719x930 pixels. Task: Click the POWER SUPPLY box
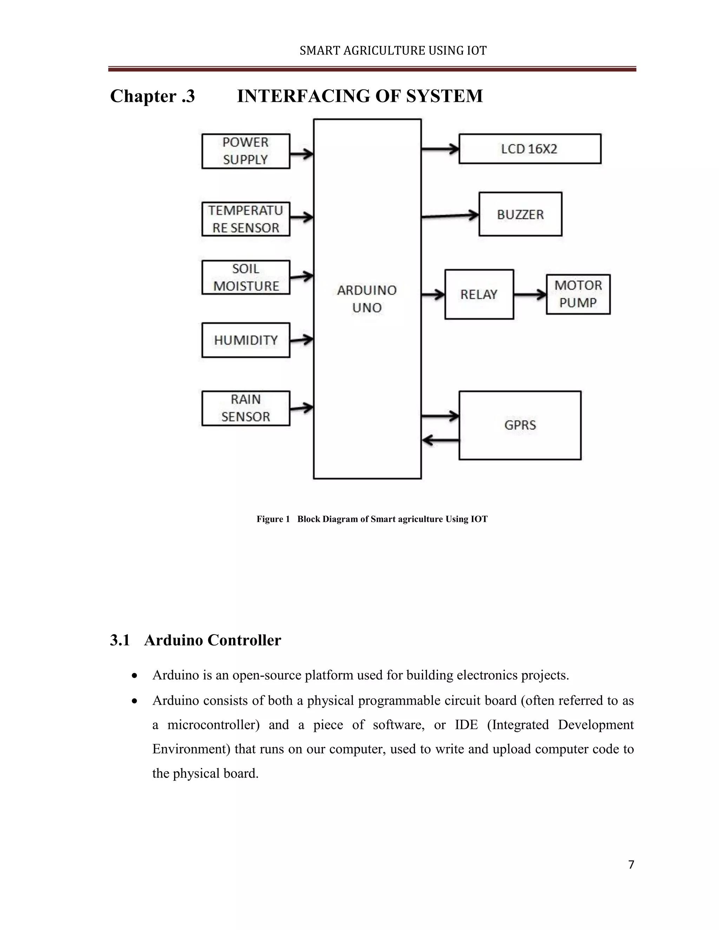tap(246, 151)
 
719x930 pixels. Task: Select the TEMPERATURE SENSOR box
tap(246, 219)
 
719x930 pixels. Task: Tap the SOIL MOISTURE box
tap(246, 277)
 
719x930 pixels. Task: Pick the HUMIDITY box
tap(246, 340)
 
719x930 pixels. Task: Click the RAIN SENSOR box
tap(246, 408)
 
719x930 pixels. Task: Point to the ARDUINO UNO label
tap(367, 299)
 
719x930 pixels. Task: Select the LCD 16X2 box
tap(529, 148)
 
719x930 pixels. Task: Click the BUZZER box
tap(520, 214)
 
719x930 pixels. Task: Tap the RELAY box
tap(479, 294)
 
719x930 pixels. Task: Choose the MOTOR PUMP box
tap(578, 294)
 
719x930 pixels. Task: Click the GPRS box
tap(520, 425)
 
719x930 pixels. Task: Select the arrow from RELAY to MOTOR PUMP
tap(530, 294)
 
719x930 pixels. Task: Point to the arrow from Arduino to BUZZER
tap(450, 216)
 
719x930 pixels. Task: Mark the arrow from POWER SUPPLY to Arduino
tap(302, 154)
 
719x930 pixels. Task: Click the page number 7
tap(631, 865)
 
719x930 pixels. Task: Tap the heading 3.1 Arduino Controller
tap(196, 640)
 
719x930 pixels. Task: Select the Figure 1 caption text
tap(372, 519)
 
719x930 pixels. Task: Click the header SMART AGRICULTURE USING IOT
tap(393, 51)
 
